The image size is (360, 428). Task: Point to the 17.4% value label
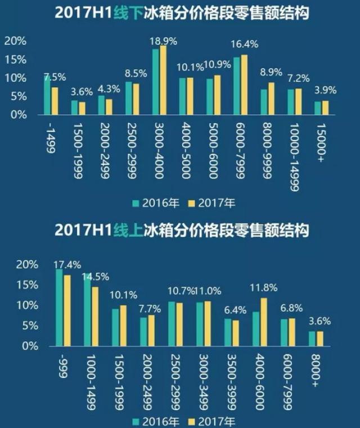pyautogui.click(x=67, y=264)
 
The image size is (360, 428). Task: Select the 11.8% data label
pyautogui.click(x=263, y=288)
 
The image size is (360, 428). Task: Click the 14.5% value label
pyautogui.click(x=96, y=276)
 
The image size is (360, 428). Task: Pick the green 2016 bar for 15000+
pyautogui.click(x=318, y=108)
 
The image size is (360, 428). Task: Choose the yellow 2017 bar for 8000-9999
pyautogui.click(x=271, y=98)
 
